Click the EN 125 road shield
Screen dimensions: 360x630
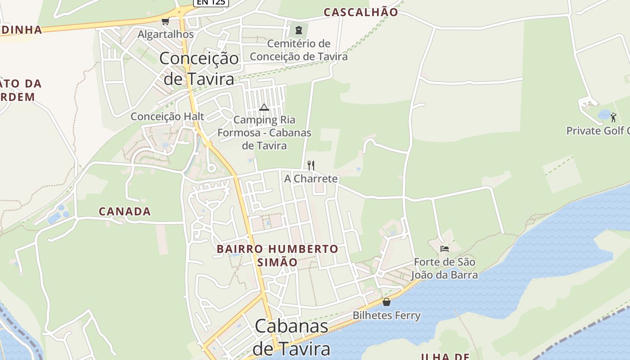tap(211, 2)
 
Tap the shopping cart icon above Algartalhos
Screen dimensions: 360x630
tap(166, 21)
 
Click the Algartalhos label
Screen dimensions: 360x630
tap(166, 34)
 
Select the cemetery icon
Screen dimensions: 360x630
tap(298, 30)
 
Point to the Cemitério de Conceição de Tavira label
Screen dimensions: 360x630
tap(299, 50)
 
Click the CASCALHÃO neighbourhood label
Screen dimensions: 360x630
tap(361, 12)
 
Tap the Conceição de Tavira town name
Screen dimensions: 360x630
tap(199, 68)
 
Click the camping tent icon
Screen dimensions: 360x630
tap(264, 107)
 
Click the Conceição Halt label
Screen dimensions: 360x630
tap(167, 117)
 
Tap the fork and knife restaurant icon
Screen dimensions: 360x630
tap(310, 165)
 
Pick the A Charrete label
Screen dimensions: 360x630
tap(310, 179)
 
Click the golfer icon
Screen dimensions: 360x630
tap(613, 117)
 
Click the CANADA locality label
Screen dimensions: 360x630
tap(125, 211)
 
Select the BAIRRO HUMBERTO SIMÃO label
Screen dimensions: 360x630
tap(277, 255)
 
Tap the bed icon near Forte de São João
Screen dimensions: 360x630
tap(445, 248)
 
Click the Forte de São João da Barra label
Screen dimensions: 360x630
tap(445, 268)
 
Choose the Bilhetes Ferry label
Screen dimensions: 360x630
tap(386, 315)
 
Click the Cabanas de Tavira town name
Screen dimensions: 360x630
tap(291, 337)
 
